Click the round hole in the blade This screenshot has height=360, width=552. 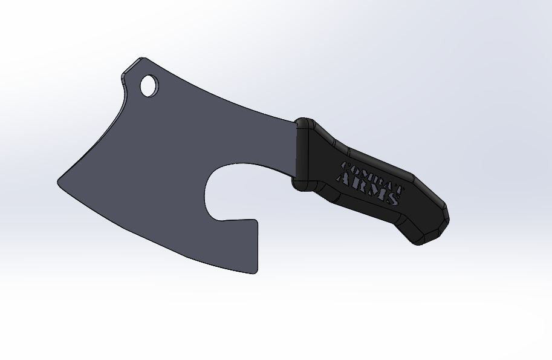tap(148, 85)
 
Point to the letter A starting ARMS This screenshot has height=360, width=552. tap(343, 178)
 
